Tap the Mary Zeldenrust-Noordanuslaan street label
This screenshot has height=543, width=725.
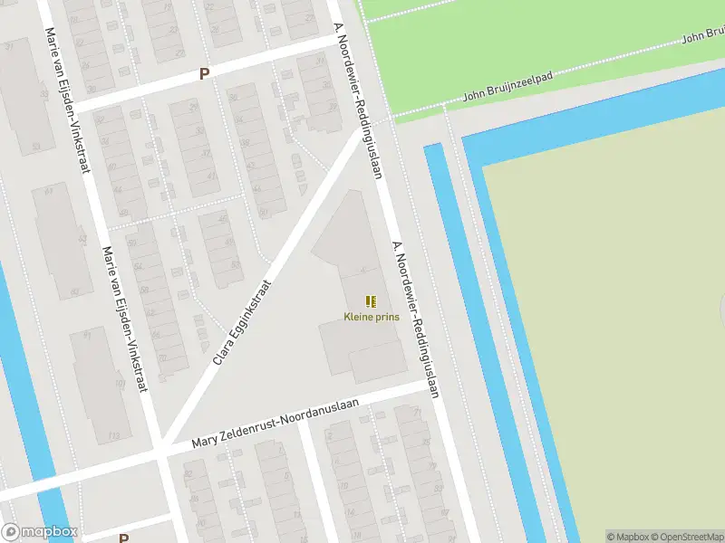point(276,425)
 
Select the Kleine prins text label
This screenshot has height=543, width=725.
point(371,317)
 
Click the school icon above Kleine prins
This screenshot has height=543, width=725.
point(370,300)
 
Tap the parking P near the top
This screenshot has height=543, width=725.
point(205,75)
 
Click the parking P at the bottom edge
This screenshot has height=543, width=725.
point(123,538)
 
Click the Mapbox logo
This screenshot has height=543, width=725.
point(39,532)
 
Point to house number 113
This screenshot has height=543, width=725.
point(114,435)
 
